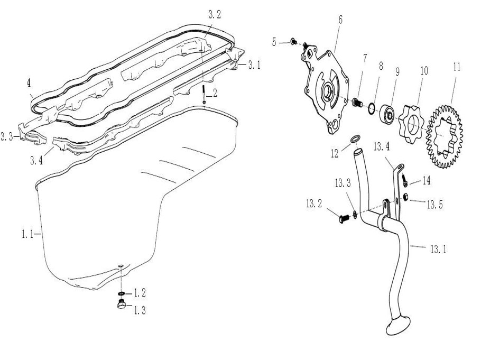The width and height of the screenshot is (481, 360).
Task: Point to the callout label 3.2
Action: [214, 15]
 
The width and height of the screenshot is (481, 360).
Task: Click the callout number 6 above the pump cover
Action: [340, 20]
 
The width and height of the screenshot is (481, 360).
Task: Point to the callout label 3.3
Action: [7, 136]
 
